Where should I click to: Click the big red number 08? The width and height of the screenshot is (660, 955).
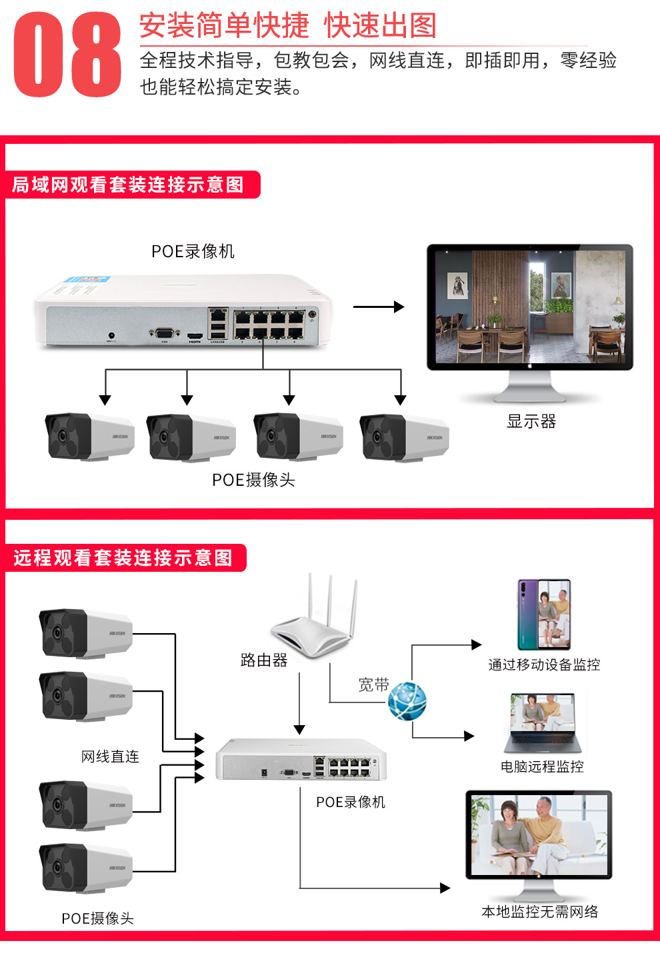pos(67,55)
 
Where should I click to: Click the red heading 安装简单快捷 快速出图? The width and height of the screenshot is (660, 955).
pos(288,26)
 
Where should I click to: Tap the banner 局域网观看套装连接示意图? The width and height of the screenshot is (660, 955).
pos(129,185)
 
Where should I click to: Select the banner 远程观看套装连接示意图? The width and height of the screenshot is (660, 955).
pos(123,558)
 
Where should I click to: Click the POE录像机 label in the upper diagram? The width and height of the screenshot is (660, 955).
pos(193,251)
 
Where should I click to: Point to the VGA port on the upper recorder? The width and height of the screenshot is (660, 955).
pos(164,334)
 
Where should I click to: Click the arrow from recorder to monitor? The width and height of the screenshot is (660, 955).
pos(378,307)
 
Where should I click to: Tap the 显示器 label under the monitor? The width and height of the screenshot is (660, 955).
pos(531,421)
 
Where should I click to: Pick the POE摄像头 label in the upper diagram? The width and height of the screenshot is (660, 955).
pos(253,480)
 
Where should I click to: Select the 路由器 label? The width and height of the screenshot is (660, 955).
pos(264,660)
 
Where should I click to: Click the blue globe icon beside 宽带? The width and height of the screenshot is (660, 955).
pos(407,701)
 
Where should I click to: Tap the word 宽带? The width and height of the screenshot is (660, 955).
pos(373,685)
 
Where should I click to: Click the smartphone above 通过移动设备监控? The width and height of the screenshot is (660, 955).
pos(545,614)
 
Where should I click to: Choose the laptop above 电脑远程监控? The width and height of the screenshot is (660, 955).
pos(543,724)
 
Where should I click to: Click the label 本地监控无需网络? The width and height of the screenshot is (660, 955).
pos(540,912)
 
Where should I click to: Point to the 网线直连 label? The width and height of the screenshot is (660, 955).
pos(110,756)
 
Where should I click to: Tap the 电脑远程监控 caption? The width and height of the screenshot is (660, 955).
pos(542,766)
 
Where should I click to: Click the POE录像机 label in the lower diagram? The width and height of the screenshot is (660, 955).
pos(351,802)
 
